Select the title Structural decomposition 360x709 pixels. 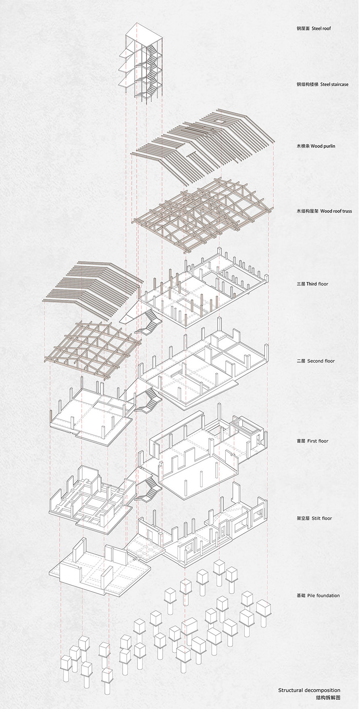point(309,690)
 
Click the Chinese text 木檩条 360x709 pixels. point(302,146)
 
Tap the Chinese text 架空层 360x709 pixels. point(302,518)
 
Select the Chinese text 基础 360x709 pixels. point(301,595)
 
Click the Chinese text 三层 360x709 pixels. point(301,284)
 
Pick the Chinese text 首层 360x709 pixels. point(301,441)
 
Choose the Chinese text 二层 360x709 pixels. point(301,361)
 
